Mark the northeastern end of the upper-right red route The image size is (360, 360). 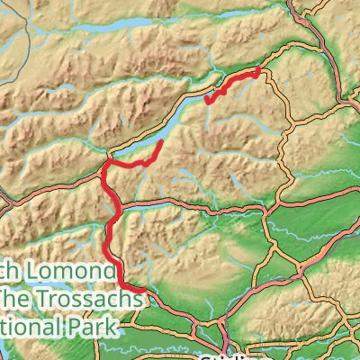pyautogui.click(x=259, y=69)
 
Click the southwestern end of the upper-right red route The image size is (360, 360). pyautogui.click(x=207, y=102)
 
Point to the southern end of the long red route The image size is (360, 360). pyautogui.click(x=141, y=290)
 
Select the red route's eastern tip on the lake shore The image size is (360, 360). pyautogui.click(x=161, y=143)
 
